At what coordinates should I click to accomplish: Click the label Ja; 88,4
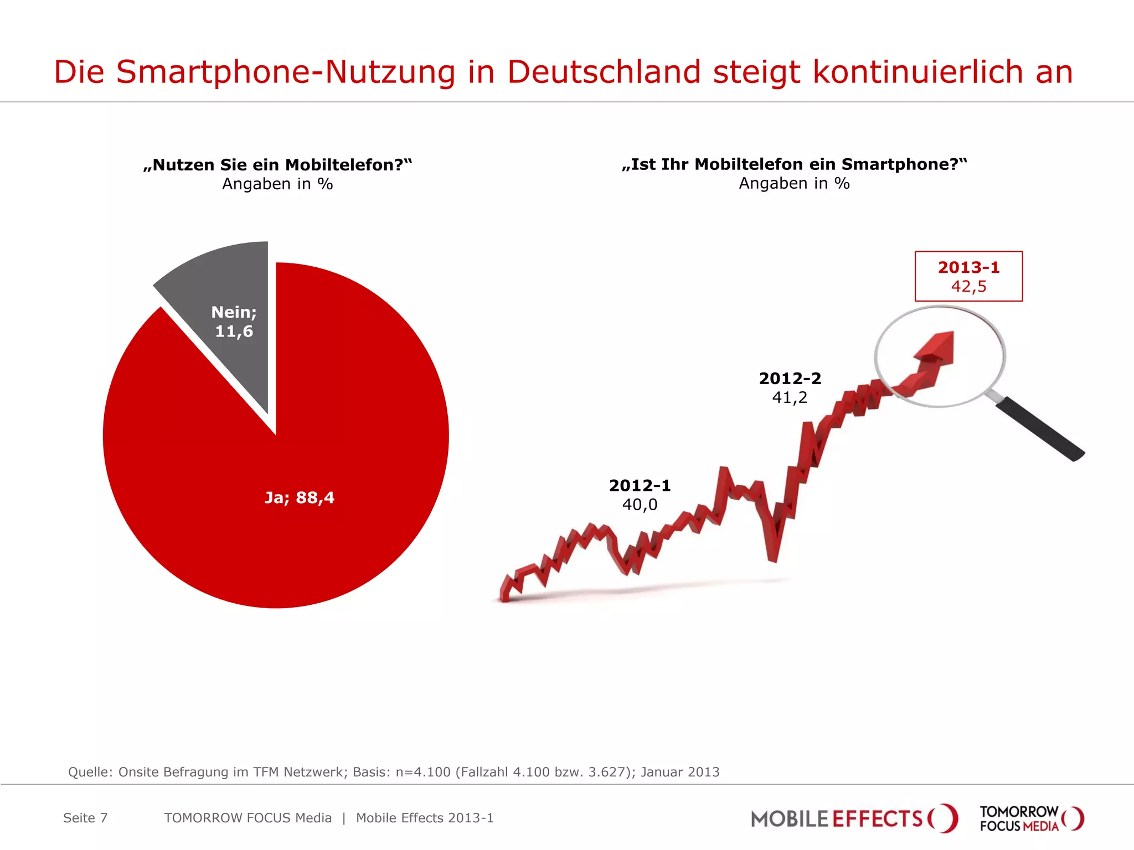pos(300,497)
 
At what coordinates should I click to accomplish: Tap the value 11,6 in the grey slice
pos(234,331)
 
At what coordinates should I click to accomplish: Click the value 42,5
pos(968,287)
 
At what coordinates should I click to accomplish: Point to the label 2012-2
pos(790,379)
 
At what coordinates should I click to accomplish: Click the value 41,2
pos(790,397)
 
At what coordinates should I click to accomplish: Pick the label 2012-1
pos(640,485)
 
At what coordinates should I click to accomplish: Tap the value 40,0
pos(640,505)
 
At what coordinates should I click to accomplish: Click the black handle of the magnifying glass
pos(1041,429)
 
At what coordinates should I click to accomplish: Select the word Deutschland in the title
pos(604,72)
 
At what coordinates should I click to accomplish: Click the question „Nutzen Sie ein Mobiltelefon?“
pos(277,165)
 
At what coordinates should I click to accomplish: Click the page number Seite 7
pos(85,818)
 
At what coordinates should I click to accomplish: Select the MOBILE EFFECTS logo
pos(853,818)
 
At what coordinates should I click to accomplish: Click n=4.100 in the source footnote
pos(423,772)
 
